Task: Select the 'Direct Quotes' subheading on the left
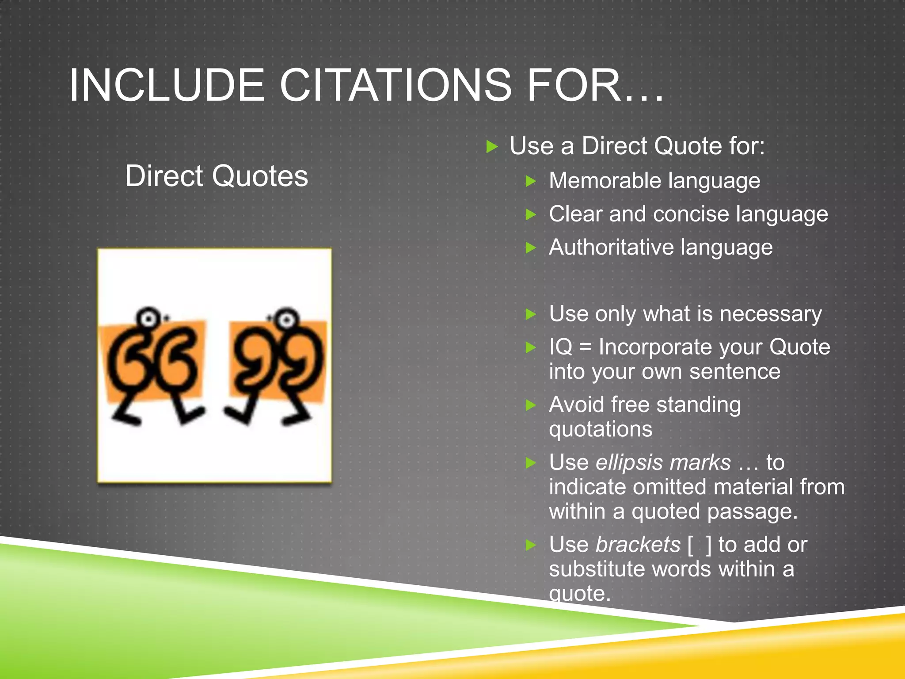(217, 176)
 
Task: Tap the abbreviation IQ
(560, 347)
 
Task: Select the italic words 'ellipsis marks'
(663, 462)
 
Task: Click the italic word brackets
(638, 545)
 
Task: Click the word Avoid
(576, 404)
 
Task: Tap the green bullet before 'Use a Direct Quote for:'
(492, 146)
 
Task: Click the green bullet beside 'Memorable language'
(531, 181)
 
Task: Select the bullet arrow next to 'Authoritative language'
(531, 248)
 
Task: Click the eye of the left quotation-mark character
(149, 318)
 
